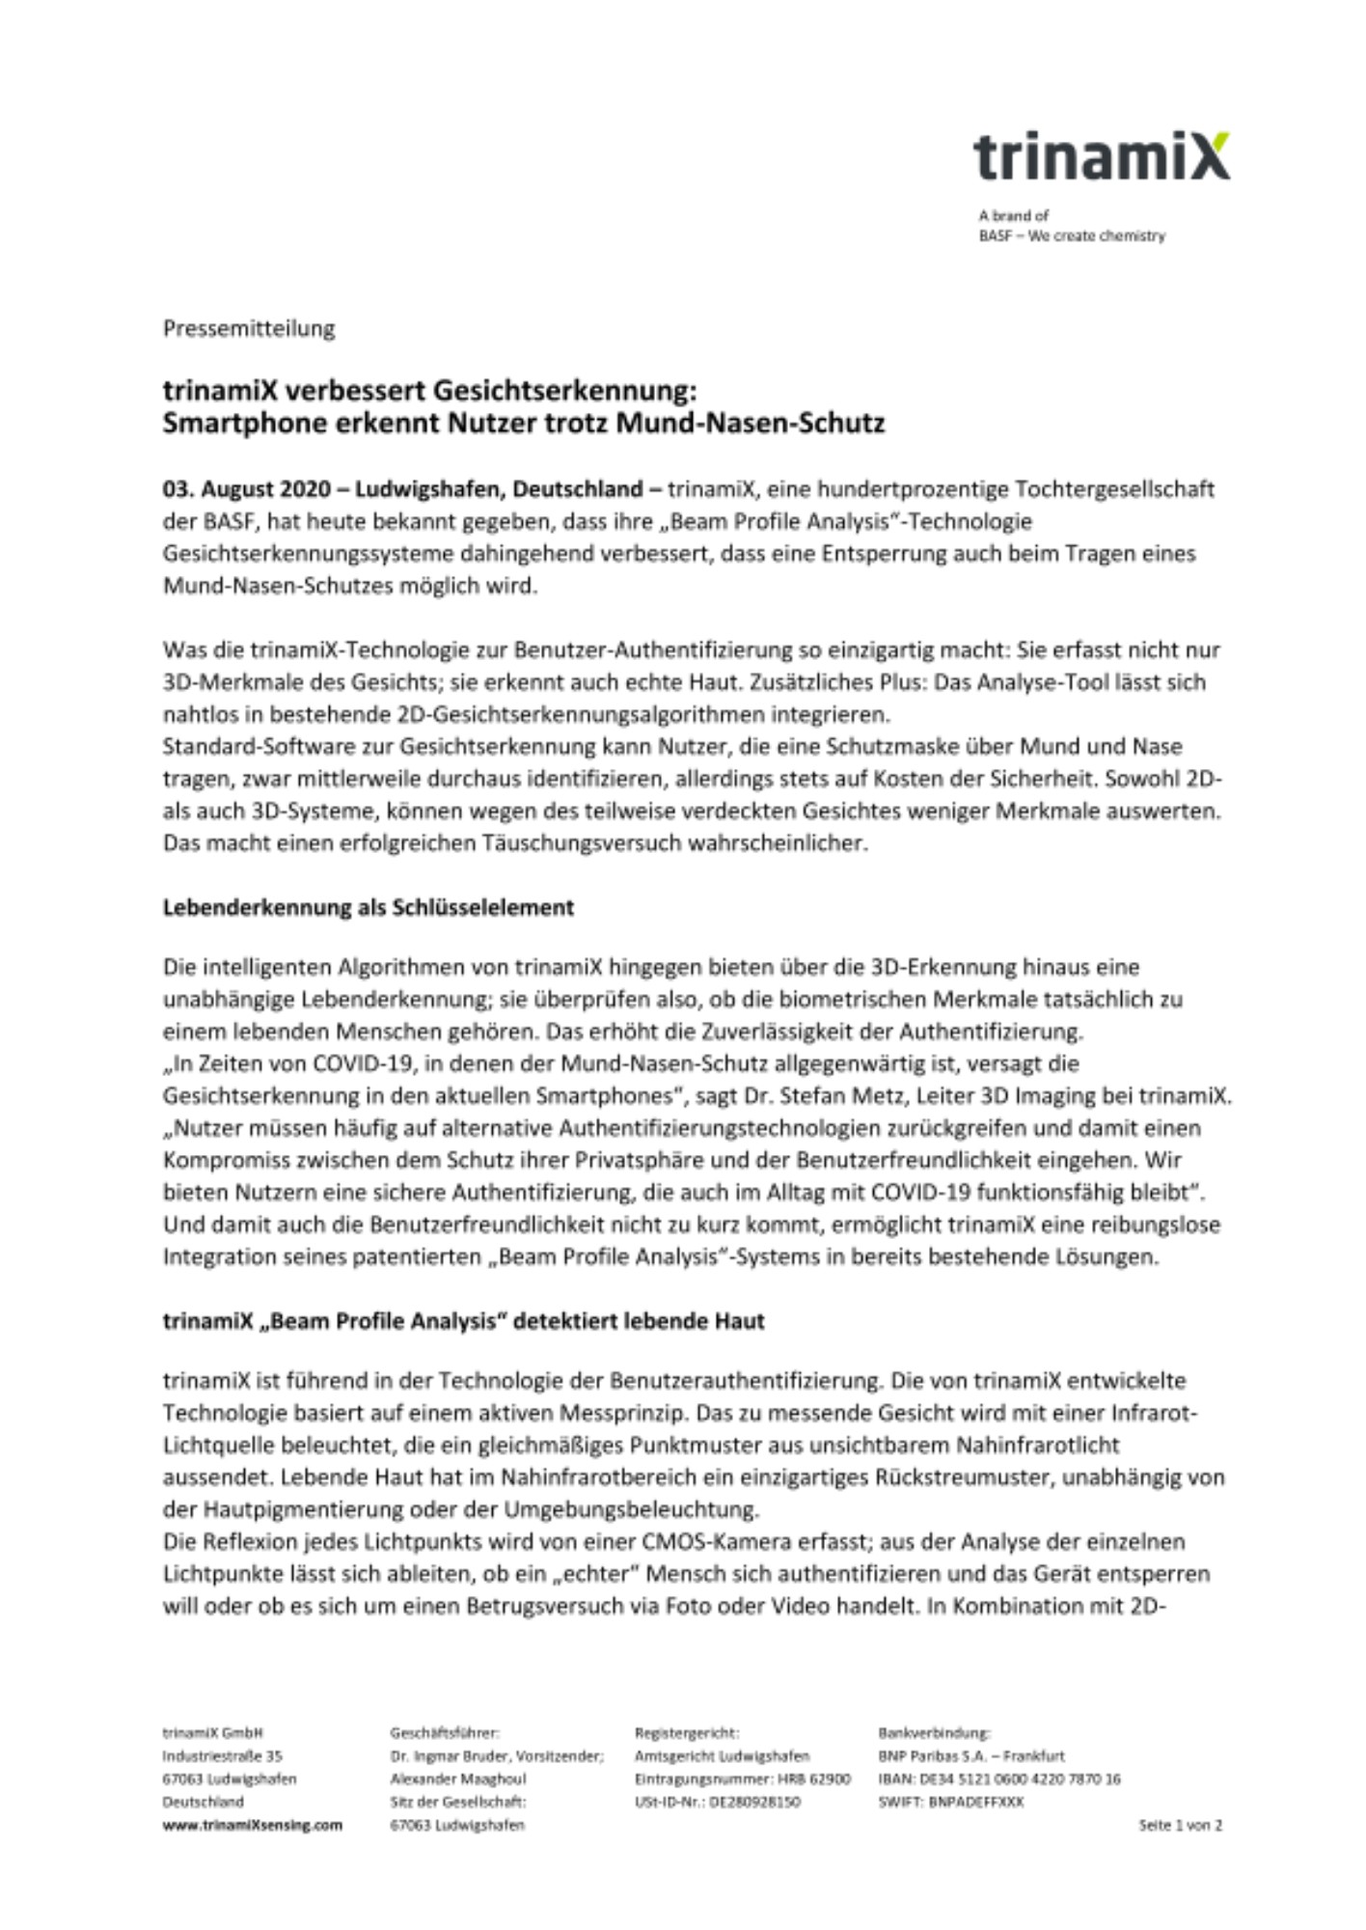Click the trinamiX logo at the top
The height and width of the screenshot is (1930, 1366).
pyautogui.click(x=1101, y=157)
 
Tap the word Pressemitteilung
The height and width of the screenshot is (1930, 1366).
pyautogui.click(x=249, y=329)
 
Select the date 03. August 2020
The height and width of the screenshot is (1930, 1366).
pyautogui.click(x=245, y=489)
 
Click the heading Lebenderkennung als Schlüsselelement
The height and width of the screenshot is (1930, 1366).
pyautogui.click(x=368, y=908)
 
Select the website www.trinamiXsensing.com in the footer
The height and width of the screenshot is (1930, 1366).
pyautogui.click(x=252, y=1825)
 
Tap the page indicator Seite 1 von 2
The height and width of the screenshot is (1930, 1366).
pyautogui.click(x=1180, y=1825)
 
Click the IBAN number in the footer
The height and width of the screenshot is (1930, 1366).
pyautogui.click(x=999, y=1778)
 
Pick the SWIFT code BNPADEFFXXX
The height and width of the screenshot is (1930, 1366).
pyautogui.click(x=975, y=1802)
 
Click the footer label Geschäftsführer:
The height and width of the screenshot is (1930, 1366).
pyautogui.click(x=445, y=1733)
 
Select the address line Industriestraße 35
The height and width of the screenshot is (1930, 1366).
pyautogui.click(x=222, y=1756)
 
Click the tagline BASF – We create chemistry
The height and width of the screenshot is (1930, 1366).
pyautogui.click(x=1072, y=236)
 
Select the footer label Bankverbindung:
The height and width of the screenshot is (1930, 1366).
pyautogui.click(x=934, y=1733)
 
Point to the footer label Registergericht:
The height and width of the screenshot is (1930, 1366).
pyautogui.click(x=687, y=1733)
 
